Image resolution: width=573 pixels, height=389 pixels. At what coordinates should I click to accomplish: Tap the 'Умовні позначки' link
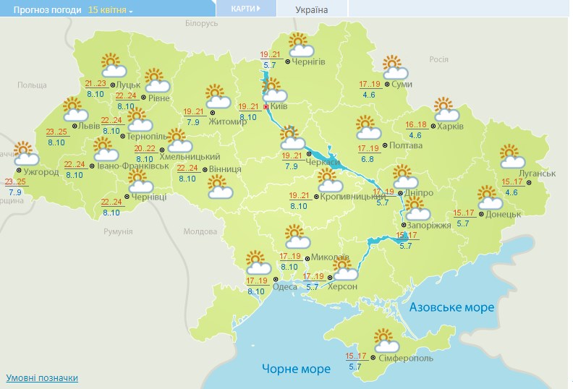pyautogui.click(x=42, y=378)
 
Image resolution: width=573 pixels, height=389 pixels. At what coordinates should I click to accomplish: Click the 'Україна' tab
pyautogui.click(x=312, y=10)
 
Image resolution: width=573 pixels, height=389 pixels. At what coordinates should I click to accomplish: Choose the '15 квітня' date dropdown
pyautogui.click(x=110, y=10)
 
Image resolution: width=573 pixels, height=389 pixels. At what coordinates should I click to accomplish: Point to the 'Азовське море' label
pyautogui.click(x=451, y=307)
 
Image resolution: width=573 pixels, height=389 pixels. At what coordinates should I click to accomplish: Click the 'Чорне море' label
pyautogui.click(x=296, y=369)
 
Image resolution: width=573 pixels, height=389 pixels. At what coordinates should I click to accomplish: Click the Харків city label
pyautogui.click(x=450, y=126)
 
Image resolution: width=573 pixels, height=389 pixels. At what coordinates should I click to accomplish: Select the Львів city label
pyautogui.click(x=89, y=126)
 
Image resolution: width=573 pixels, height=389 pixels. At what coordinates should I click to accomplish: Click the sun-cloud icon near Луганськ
pyautogui.click(x=511, y=156)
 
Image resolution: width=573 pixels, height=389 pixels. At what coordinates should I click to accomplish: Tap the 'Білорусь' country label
pyautogui.click(x=201, y=24)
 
